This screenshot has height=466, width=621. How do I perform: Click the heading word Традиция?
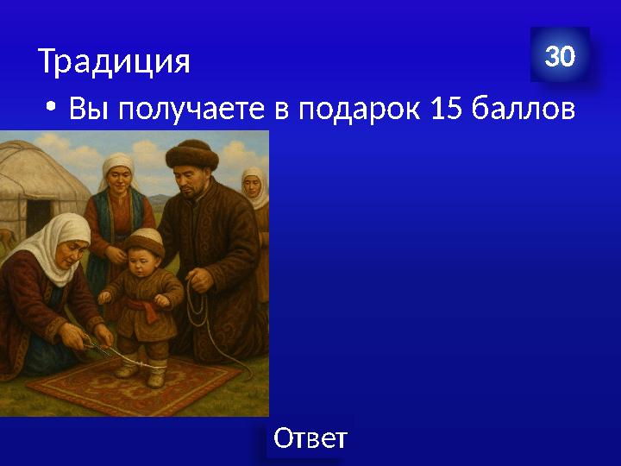113,61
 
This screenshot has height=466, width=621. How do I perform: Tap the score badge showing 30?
560,57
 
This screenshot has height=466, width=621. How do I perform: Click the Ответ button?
310,438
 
